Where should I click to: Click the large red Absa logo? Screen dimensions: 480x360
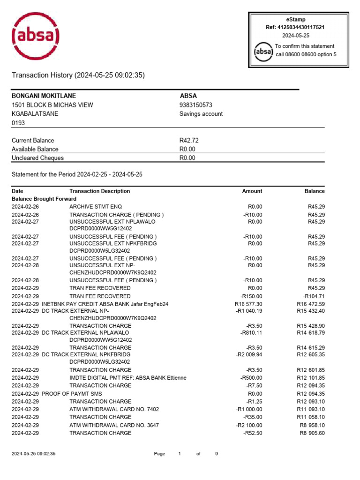[36, 36]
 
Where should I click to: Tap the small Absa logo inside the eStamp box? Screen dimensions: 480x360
[263, 51]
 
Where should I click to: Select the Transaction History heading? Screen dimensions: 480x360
[78, 75]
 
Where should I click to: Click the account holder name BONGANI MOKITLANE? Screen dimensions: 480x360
[44, 96]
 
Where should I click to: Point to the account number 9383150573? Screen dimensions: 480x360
[196, 105]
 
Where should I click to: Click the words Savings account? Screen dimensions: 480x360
[201, 114]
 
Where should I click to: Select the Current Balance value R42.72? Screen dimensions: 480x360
[190, 140]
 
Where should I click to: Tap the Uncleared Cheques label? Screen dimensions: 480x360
[37, 158]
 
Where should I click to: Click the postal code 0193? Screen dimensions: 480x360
[18, 123]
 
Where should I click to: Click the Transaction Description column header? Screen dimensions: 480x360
[100, 191]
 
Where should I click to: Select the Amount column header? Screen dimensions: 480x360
[252, 191]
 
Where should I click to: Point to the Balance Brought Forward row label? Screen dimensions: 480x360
[44, 199]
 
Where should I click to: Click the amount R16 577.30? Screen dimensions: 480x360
[248, 304]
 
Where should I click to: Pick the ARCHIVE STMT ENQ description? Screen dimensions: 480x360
[96, 207]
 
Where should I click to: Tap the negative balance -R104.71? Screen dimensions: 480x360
[314, 296]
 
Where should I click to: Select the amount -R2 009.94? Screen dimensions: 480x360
[249, 355]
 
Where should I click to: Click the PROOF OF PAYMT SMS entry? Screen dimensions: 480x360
[72, 394]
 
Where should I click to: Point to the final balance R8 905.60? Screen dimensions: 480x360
[312, 433]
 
